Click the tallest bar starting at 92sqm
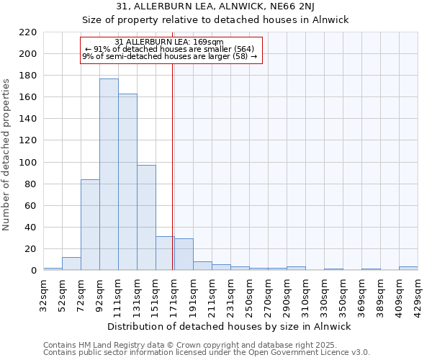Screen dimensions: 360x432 (x=109, y=174)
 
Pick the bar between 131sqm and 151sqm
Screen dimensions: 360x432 (x=146, y=217)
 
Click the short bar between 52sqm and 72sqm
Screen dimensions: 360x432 (x=71, y=264)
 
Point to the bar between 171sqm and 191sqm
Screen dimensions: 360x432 (x=184, y=254)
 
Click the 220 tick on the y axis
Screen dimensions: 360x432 (x=29, y=32)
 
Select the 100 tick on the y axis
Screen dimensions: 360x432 (x=29, y=163)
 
